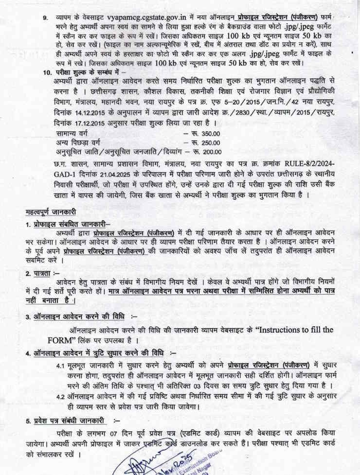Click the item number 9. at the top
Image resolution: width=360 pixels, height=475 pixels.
click(45, 18)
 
